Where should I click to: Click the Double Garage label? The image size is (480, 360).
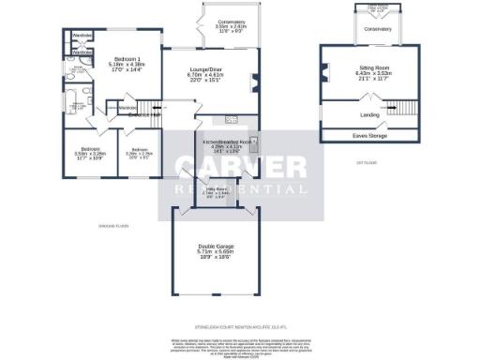point(215,247)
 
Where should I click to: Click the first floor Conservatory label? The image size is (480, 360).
point(378,29)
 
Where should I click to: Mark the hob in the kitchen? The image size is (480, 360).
point(230,118)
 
